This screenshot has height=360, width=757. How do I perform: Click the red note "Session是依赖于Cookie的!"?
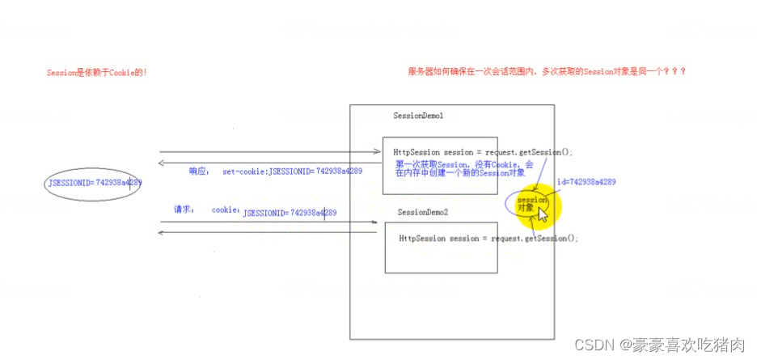[x=97, y=73]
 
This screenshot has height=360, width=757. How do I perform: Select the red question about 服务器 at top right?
[x=548, y=71]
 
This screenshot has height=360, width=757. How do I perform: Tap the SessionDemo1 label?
[x=418, y=116]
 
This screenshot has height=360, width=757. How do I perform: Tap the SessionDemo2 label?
[x=422, y=212]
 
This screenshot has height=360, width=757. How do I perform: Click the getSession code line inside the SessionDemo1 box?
[x=483, y=152]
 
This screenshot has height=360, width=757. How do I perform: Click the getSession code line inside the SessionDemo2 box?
[x=488, y=239]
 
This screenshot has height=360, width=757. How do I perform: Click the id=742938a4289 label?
[x=586, y=182]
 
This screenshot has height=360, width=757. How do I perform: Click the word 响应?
[x=199, y=172]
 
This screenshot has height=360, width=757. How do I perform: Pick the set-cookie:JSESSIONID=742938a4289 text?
[x=292, y=172]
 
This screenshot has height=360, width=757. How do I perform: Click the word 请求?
[x=184, y=209]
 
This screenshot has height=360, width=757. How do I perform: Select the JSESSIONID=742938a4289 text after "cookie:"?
[x=290, y=213]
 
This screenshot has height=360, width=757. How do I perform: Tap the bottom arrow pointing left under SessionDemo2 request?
[x=267, y=233]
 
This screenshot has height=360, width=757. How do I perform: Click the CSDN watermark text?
[x=659, y=345]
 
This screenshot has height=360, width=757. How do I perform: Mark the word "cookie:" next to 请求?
[x=226, y=210]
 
